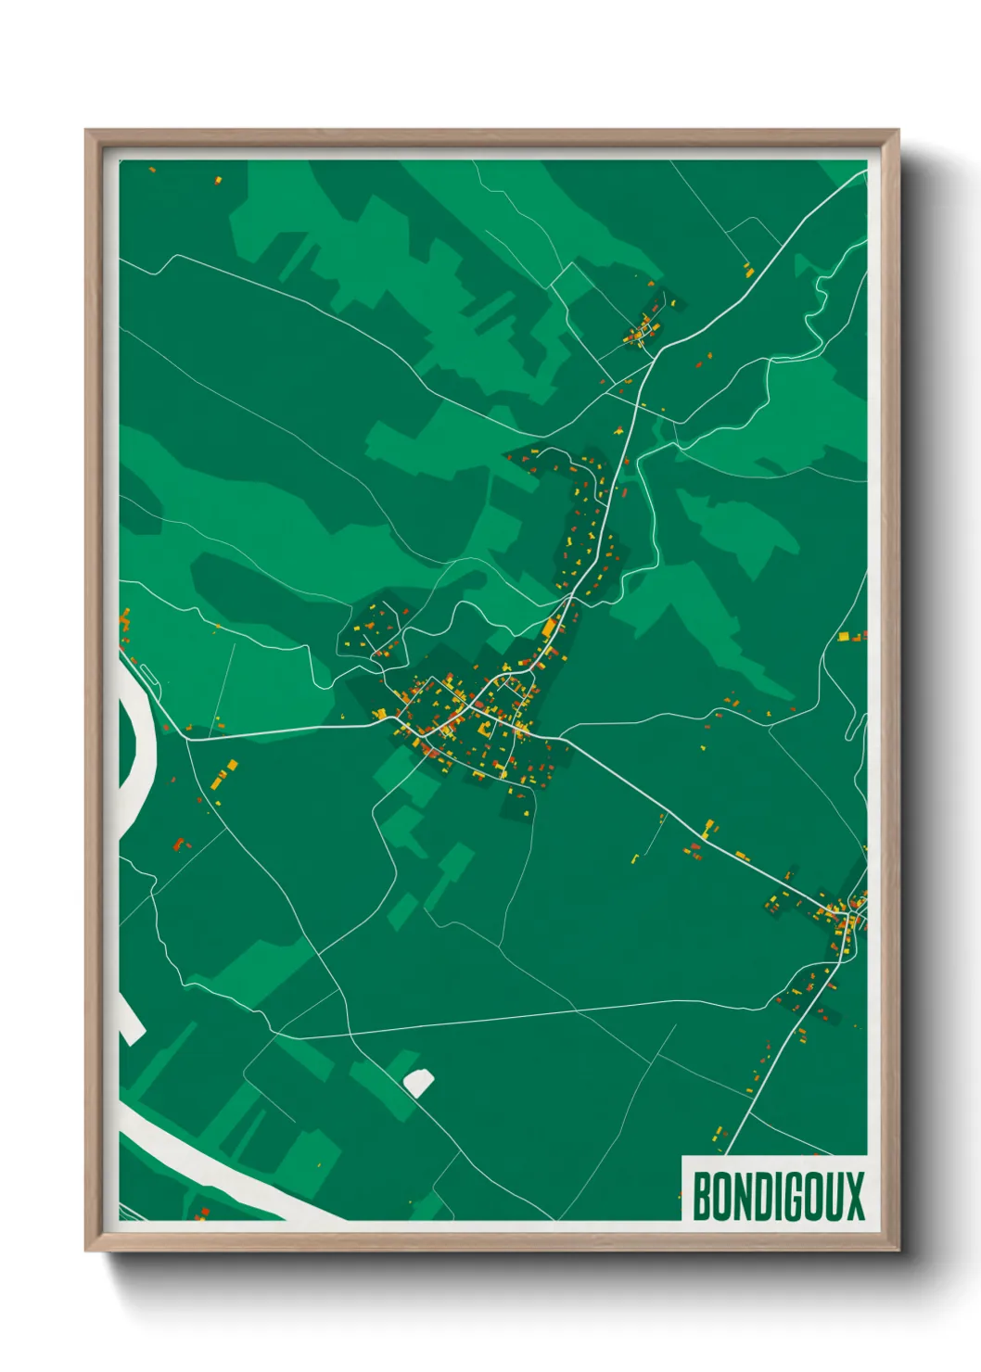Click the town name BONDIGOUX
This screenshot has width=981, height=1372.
click(778, 1196)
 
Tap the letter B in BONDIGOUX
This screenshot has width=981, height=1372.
click(702, 1196)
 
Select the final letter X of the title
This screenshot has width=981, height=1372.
click(854, 1196)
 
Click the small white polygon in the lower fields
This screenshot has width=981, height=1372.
click(418, 1081)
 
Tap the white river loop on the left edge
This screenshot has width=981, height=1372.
click(139, 742)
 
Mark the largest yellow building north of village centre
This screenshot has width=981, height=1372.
click(549, 629)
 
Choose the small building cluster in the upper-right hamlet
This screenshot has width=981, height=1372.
click(642, 331)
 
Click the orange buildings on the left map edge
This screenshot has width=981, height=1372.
click(124, 618)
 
